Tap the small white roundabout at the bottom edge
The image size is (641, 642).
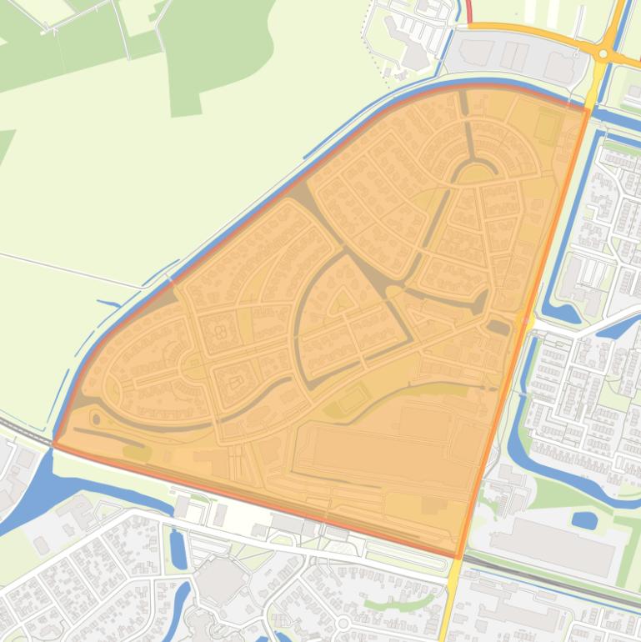tap(343, 623)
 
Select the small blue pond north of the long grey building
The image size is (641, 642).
tap(585, 520)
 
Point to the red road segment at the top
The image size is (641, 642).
tap(468, 12)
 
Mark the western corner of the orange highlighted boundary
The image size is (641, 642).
tap(55, 444)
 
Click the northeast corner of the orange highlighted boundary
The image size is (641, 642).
tap(588, 108)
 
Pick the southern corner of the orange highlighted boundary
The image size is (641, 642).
tap(458, 557)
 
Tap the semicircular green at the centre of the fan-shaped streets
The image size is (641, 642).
tap(474, 173)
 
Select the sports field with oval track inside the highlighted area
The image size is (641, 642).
tap(353, 398)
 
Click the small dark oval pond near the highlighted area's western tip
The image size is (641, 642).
tap(96, 419)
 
